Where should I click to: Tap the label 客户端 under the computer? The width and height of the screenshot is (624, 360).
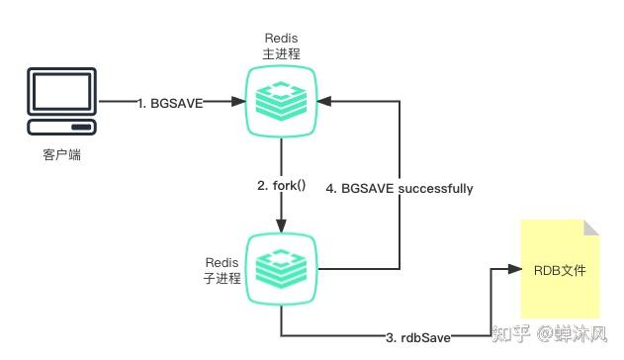[61, 154]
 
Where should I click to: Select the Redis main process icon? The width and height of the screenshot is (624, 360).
[281, 100]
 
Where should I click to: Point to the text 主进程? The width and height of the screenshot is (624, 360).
[281, 53]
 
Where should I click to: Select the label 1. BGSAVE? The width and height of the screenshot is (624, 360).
[170, 101]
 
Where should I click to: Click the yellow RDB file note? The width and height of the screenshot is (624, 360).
[559, 268]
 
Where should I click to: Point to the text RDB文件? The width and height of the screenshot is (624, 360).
[559, 269]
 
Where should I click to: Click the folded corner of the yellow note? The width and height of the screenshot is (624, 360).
[590, 228]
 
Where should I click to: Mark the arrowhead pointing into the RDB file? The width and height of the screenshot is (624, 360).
[513, 268]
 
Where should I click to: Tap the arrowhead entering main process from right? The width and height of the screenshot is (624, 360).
[325, 100]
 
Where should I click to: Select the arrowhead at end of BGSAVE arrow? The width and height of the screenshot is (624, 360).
[236, 101]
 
